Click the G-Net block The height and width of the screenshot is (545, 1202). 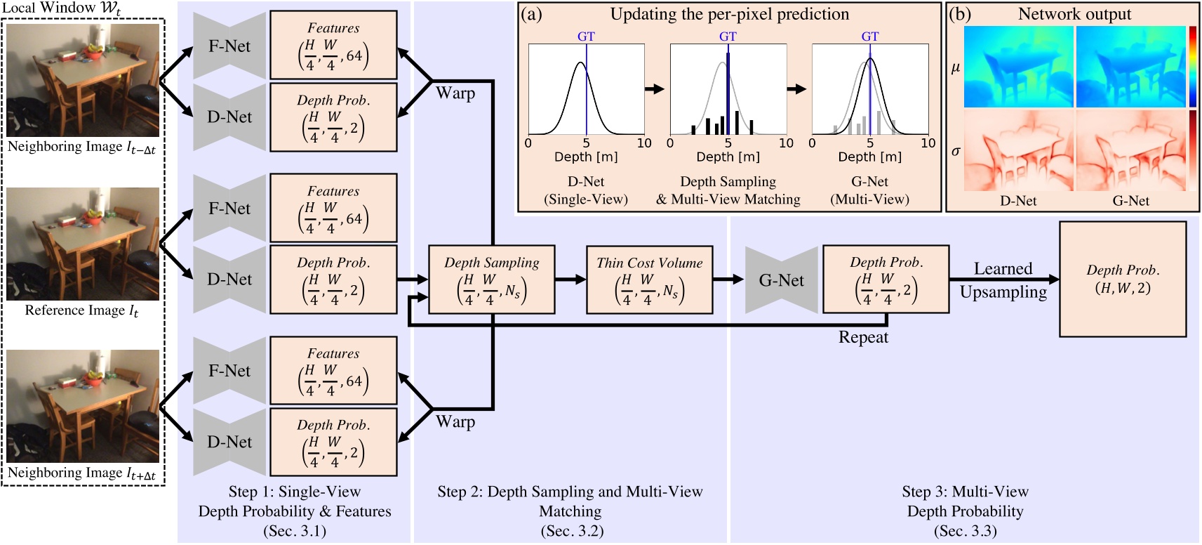(781, 280)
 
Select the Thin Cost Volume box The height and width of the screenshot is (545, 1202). (649, 280)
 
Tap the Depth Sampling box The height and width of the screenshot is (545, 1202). (491, 280)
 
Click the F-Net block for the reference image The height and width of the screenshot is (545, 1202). (229, 209)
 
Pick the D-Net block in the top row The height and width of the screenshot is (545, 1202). (229, 117)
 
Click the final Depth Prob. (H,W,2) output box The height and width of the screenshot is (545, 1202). (1122, 280)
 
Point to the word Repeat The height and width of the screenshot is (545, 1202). (863, 337)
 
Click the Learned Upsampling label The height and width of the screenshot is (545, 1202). (1003, 280)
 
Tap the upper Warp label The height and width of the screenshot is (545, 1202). (455, 93)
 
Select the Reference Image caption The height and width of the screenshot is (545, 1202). (82, 310)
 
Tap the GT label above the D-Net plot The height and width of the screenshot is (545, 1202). (586, 37)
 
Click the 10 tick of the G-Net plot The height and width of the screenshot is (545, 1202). (928, 143)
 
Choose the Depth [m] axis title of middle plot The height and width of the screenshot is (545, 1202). (728, 157)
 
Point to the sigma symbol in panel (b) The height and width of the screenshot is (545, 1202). (955, 150)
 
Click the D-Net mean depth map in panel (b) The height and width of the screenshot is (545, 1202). (1018, 67)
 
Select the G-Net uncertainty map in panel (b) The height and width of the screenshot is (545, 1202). (1130, 150)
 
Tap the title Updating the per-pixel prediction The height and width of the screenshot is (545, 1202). (729, 14)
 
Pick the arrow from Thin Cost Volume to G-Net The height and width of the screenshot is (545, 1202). (728, 280)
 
